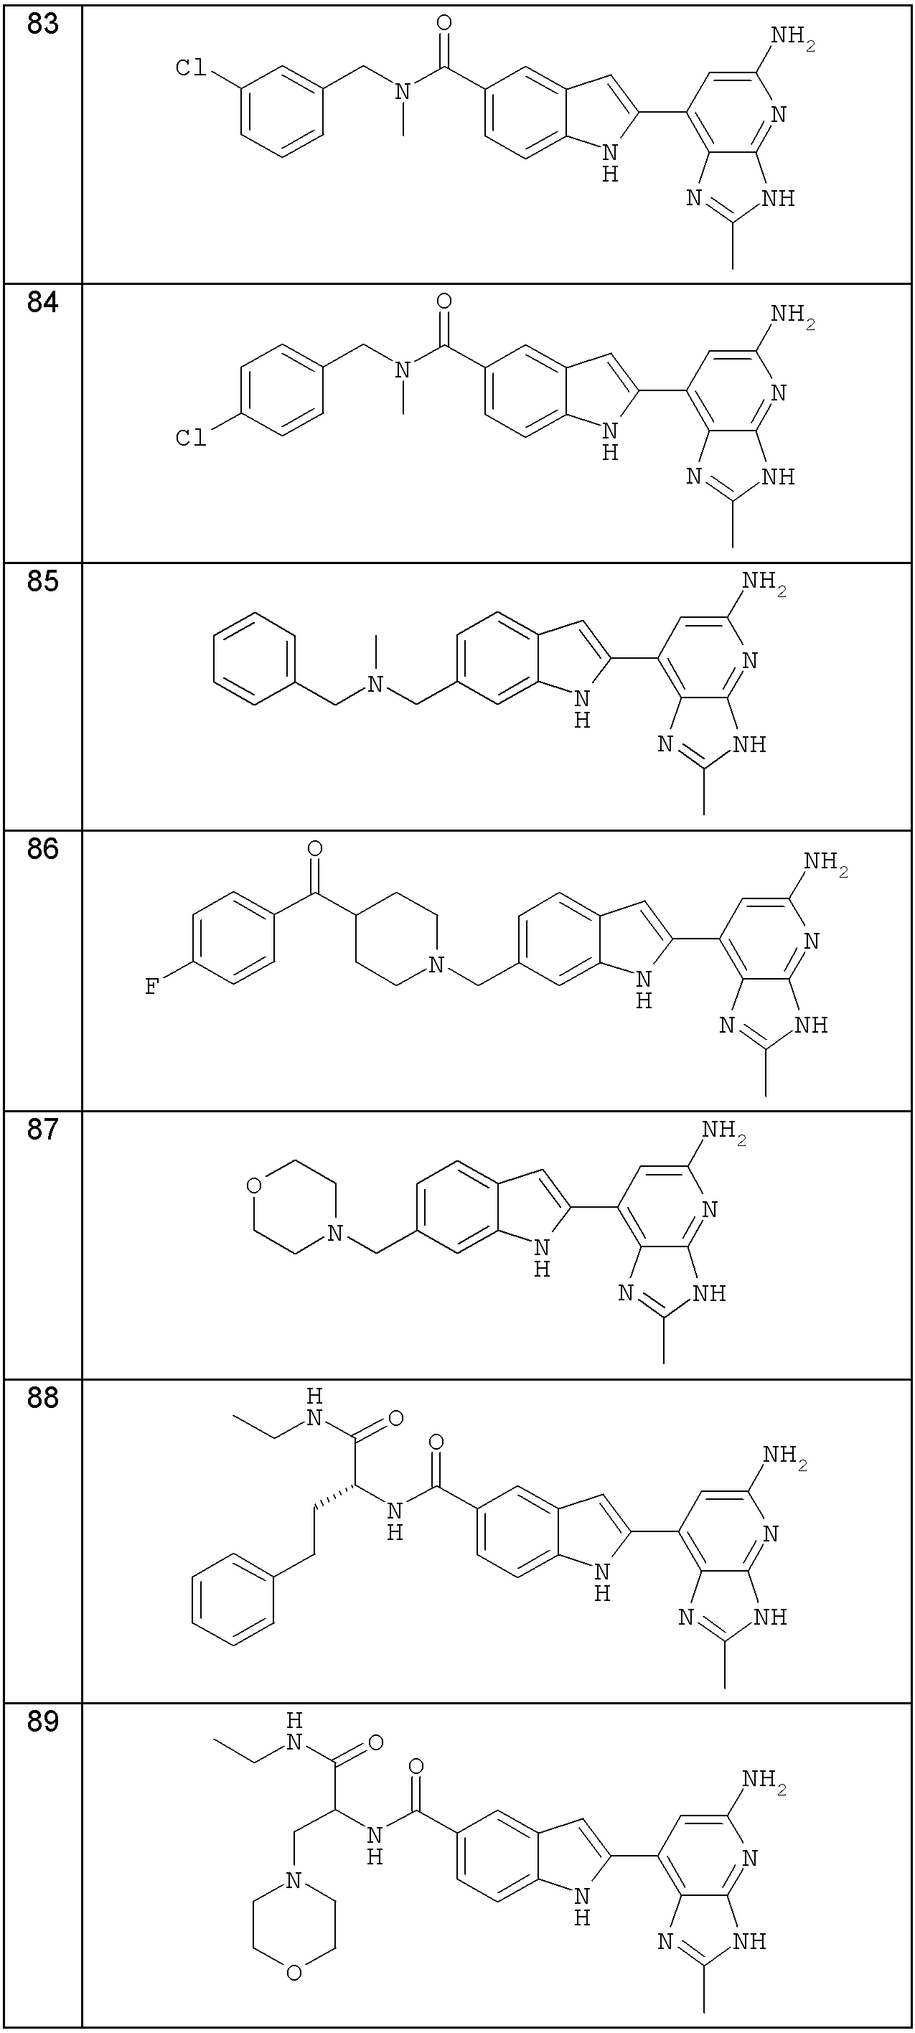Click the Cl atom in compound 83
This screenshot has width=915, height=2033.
190,69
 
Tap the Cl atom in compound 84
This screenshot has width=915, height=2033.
190,436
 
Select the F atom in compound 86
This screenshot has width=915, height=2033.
150,987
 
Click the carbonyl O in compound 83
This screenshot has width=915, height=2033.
444,22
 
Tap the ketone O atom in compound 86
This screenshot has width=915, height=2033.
315,849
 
